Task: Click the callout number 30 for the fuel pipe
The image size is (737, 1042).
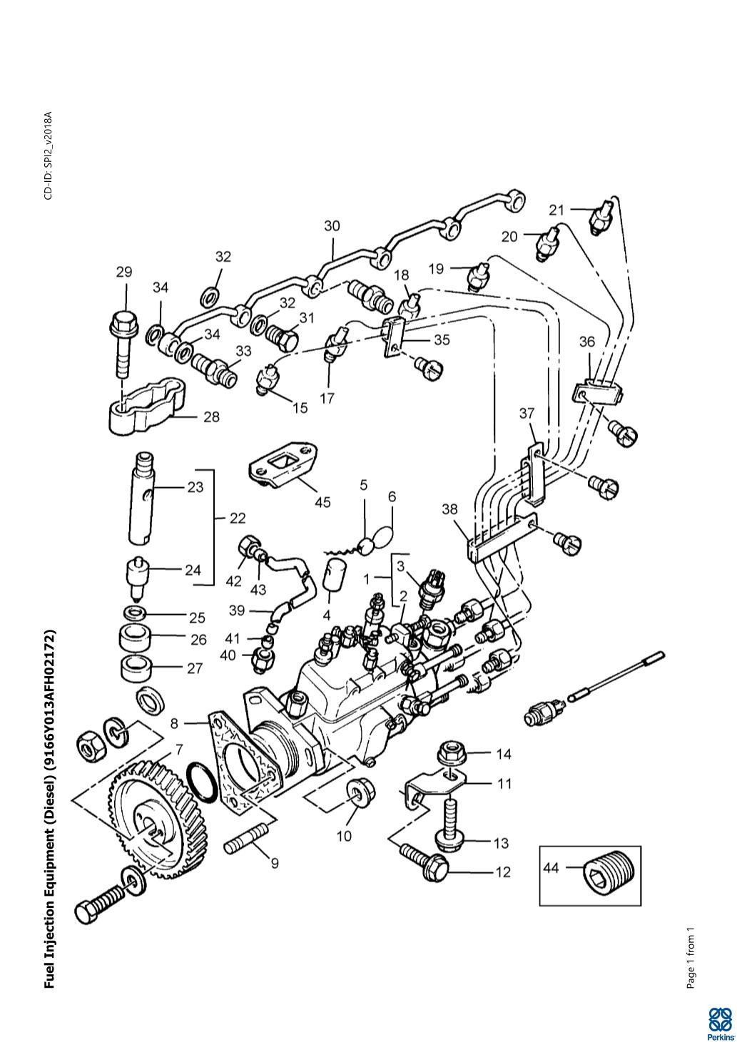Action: [332, 226]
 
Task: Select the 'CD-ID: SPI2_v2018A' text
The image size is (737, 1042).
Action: [49, 155]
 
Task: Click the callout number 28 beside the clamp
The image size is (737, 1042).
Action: [211, 417]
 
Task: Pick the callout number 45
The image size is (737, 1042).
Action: [322, 502]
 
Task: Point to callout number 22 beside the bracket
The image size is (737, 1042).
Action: [238, 518]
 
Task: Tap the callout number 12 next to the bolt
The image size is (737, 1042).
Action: [503, 872]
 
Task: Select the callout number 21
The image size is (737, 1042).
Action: [556, 210]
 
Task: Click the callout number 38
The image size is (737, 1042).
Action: [449, 509]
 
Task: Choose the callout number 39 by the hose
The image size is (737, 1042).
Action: [237, 610]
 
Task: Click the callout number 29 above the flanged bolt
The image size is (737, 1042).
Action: [123, 272]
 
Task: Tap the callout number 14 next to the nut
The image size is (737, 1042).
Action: [504, 754]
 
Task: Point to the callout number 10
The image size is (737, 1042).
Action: [344, 836]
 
